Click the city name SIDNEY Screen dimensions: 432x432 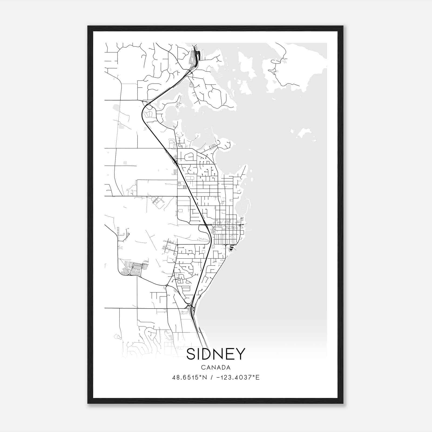click(x=216, y=354)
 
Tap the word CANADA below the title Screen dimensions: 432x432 click(x=216, y=367)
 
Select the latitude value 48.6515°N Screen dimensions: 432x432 click(x=190, y=377)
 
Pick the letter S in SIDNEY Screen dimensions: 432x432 click(x=191, y=354)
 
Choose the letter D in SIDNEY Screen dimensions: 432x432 click(x=207, y=354)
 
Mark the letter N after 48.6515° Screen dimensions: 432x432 click(x=205, y=377)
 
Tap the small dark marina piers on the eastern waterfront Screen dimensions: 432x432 click(x=231, y=248)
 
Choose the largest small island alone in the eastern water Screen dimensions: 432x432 click(x=304, y=132)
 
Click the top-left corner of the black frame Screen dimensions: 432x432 click(x=88, y=26)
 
